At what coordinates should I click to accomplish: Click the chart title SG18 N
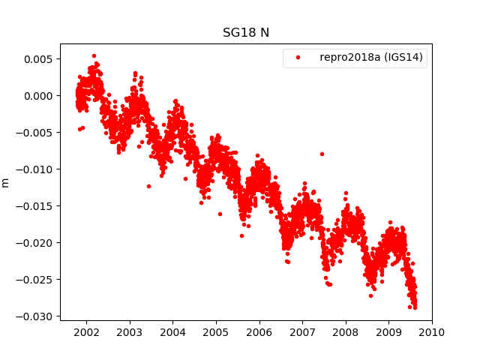[x=245, y=33]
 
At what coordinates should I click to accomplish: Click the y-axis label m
[x=6, y=182]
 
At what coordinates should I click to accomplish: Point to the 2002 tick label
[x=86, y=331]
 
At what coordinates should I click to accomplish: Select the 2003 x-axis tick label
[x=130, y=331]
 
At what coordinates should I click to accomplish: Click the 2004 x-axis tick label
[x=172, y=331]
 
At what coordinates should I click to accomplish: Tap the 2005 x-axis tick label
[x=216, y=331]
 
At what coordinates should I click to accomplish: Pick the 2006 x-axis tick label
[x=259, y=331]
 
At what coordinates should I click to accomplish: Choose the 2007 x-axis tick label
[x=302, y=331]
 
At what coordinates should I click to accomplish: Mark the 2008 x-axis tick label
[x=346, y=331]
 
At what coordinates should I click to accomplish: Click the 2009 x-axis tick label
[x=389, y=331]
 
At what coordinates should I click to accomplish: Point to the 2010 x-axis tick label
[x=432, y=331]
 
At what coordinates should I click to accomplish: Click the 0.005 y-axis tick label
[x=40, y=59]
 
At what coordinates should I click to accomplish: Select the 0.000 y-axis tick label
[x=40, y=96]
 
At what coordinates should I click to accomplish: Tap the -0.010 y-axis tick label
[x=38, y=169]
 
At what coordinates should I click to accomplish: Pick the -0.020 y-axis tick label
[x=38, y=243]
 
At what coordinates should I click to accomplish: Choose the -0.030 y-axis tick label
[x=38, y=316]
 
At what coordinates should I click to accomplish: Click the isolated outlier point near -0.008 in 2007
[x=322, y=154]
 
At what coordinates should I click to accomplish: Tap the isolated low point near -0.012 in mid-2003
[x=148, y=186]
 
